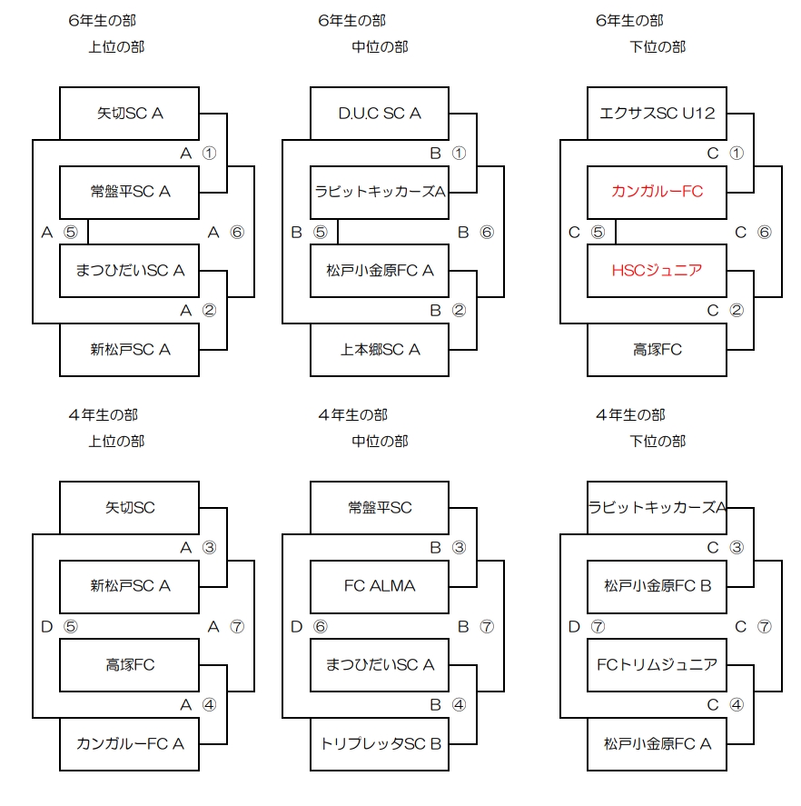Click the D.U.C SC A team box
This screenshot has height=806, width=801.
click(x=380, y=114)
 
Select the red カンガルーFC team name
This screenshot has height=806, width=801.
click(x=657, y=192)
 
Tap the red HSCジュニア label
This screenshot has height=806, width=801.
click(x=657, y=270)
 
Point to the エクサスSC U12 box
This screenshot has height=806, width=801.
click(x=657, y=114)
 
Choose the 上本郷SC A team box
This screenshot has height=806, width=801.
click(x=380, y=349)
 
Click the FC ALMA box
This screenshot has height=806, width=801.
click(x=380, y=586)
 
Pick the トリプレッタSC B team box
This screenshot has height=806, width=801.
click(x=380, y=743)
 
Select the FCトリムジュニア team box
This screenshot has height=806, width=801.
click(x=657, y=664)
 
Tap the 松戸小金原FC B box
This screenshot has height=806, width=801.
click(x=657, y=586)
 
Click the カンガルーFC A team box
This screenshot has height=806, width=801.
click(x=129, y=743)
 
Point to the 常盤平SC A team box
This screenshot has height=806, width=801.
click(x=129, y=192)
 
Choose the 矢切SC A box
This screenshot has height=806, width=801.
click(x=129, y=114)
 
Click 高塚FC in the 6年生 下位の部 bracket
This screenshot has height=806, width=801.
click(x=657, y=349)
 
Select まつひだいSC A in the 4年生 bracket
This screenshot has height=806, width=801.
click(x=380, y=664)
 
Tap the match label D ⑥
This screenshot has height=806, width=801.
click(x=308, y=626)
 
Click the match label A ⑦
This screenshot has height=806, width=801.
click(x=226, y=626)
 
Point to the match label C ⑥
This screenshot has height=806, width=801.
click(x=753, y=232)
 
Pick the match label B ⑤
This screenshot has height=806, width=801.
click(x=308, y=232)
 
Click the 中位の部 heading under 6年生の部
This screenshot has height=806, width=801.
click(x=380, y=47)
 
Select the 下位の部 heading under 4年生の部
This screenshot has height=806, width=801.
click(x=658, y=442)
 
